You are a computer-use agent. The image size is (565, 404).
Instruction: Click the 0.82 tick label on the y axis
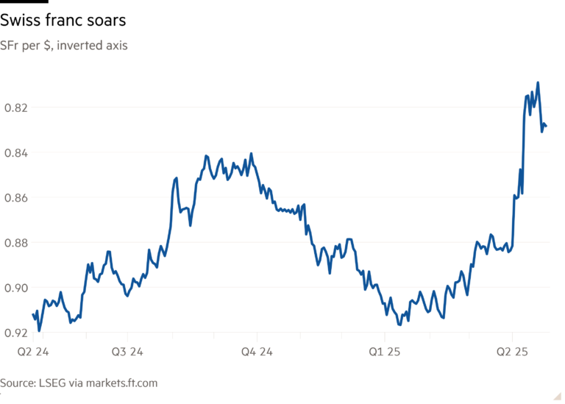[17, 108]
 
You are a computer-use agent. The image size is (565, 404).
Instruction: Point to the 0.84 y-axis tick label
[17, 153]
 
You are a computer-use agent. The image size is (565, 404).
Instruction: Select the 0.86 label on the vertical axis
[17, 198]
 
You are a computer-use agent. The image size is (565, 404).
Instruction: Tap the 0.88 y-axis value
[17, 243]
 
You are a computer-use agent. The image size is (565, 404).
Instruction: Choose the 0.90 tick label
[17, 288]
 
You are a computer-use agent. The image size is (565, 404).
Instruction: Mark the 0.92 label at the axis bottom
[17, 333]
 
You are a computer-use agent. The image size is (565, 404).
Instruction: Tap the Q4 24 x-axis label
[258, 352]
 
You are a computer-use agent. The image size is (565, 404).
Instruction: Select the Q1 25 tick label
[385, 352]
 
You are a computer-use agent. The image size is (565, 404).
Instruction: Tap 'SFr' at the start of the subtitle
[9, 46]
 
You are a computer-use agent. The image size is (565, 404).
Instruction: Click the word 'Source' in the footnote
[16, 383]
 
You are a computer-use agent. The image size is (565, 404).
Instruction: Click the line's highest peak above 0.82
[539, 82]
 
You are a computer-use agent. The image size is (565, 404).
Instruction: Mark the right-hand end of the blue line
[547, 127]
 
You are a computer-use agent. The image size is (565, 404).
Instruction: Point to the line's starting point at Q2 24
[33, 314]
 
